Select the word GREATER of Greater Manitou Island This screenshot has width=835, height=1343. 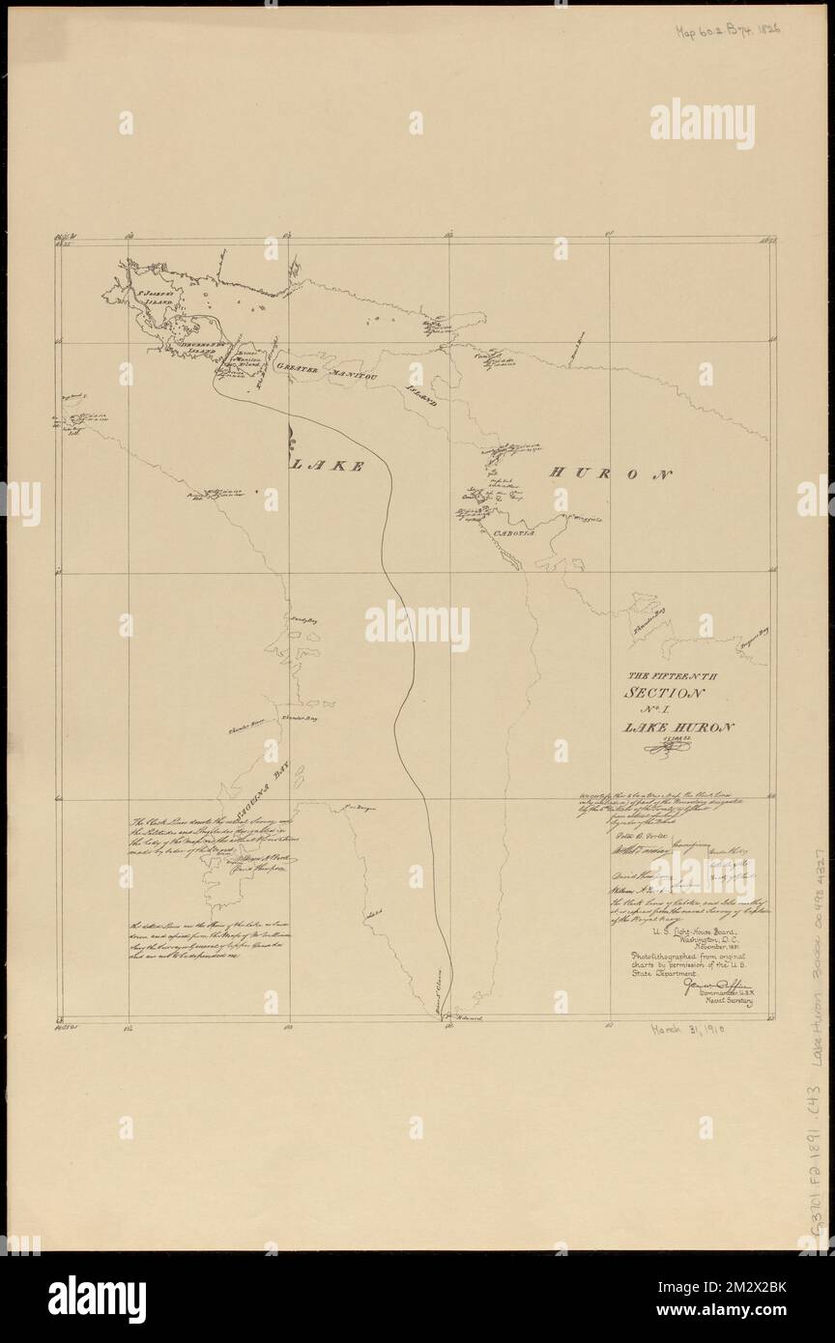(300, 368)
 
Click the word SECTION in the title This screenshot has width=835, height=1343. (666, 694)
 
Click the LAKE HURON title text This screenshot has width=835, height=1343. (678, 727)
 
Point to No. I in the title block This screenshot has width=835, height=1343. (667, 710)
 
